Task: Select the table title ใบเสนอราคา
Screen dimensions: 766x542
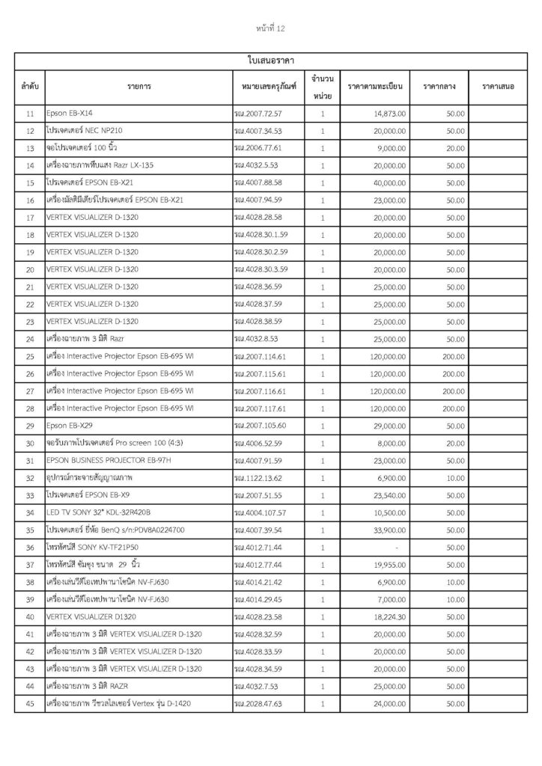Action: point(270,59)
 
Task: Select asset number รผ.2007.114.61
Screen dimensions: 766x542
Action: point(260,355)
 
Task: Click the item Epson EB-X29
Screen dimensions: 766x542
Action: point(70,425)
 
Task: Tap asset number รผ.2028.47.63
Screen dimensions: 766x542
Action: point(258,702)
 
